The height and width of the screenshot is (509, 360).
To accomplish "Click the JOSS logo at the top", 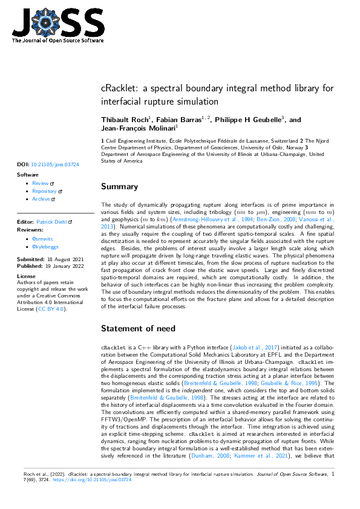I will pos(57,25).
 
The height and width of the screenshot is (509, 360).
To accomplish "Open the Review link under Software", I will pos(41,183).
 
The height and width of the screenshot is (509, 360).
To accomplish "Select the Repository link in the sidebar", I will pos(44,191).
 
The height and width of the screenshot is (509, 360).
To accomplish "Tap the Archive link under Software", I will pos(41,199).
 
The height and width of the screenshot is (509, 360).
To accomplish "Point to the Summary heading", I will pos(119,186).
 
